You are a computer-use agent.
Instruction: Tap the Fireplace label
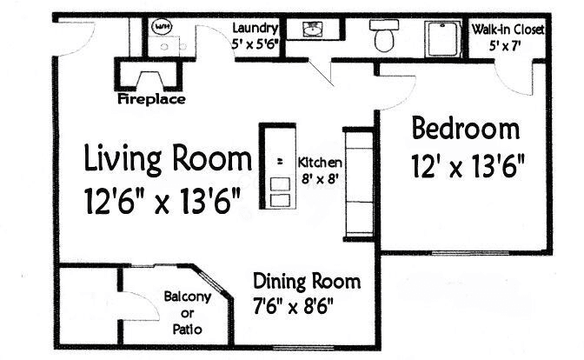tap(151, 99)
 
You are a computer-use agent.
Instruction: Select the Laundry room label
tap(255, 28)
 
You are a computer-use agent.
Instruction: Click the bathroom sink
tap(312, 29)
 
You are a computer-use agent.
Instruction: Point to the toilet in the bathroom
tap(384, 36)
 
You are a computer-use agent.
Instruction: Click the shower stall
tap(443, 39)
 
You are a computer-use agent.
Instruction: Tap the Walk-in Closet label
tap(508, 29)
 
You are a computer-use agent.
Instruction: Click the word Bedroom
tap(466, 129)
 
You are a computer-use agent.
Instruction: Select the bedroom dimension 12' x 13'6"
tap(468, 166)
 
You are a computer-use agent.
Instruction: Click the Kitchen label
tap(320, 163)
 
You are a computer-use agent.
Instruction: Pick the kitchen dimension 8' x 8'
tap(320, 179)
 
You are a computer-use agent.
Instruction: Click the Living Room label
tap(168, 159)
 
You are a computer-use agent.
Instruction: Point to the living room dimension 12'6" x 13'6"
tap(162, 201)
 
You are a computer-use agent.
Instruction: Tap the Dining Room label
tap(307, 281)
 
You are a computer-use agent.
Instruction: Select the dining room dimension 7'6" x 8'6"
tap(293, 307)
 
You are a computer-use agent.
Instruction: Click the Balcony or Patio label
tap(188, 313)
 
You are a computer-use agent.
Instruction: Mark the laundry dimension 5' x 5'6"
tap(255, 44)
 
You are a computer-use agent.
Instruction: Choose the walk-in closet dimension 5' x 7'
tap(505, 46)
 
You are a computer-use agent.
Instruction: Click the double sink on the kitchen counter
tap(280, 192)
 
